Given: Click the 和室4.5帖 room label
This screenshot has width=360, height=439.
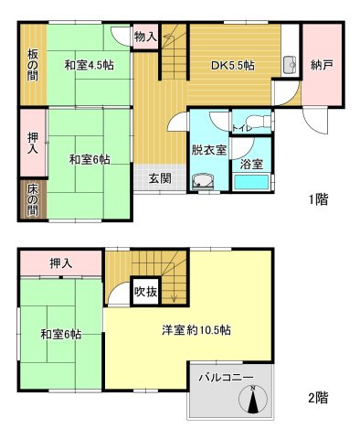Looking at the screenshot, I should pos(88,66).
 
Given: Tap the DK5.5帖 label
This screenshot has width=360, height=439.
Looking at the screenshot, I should pos(233,66).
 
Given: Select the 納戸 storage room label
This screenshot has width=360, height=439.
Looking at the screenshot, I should pos(321,65).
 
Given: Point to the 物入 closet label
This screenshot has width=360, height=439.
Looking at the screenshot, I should pos(145,37).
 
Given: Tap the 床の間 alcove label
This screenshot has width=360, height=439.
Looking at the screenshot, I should pos(30,198).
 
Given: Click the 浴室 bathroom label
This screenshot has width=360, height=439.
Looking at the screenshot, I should pos(252,166).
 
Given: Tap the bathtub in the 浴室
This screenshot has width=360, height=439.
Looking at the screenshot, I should pos(252,183).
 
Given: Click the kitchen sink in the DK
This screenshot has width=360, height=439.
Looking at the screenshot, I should pos(289,65).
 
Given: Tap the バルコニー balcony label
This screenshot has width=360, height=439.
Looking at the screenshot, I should pos(229,376).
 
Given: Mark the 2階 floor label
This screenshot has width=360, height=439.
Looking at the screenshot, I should pos(318,398).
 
